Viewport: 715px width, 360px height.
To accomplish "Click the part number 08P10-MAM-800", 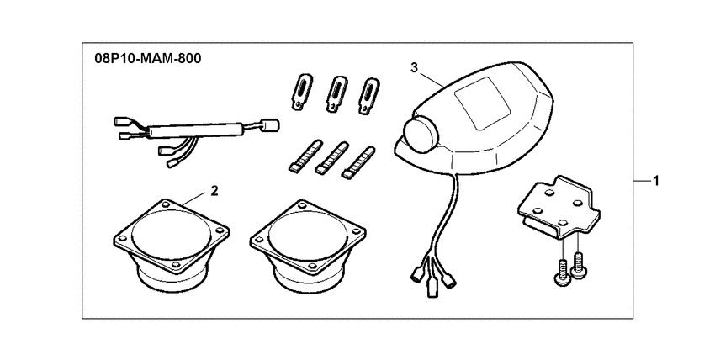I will [x=142, y=61].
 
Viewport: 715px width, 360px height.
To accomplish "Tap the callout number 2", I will [x=214, y=191].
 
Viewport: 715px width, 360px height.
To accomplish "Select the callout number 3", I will [x=413, y=66].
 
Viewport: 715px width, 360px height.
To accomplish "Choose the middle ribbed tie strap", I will [x=331, y=156].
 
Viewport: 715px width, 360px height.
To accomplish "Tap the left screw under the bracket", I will [x=561, y=269].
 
